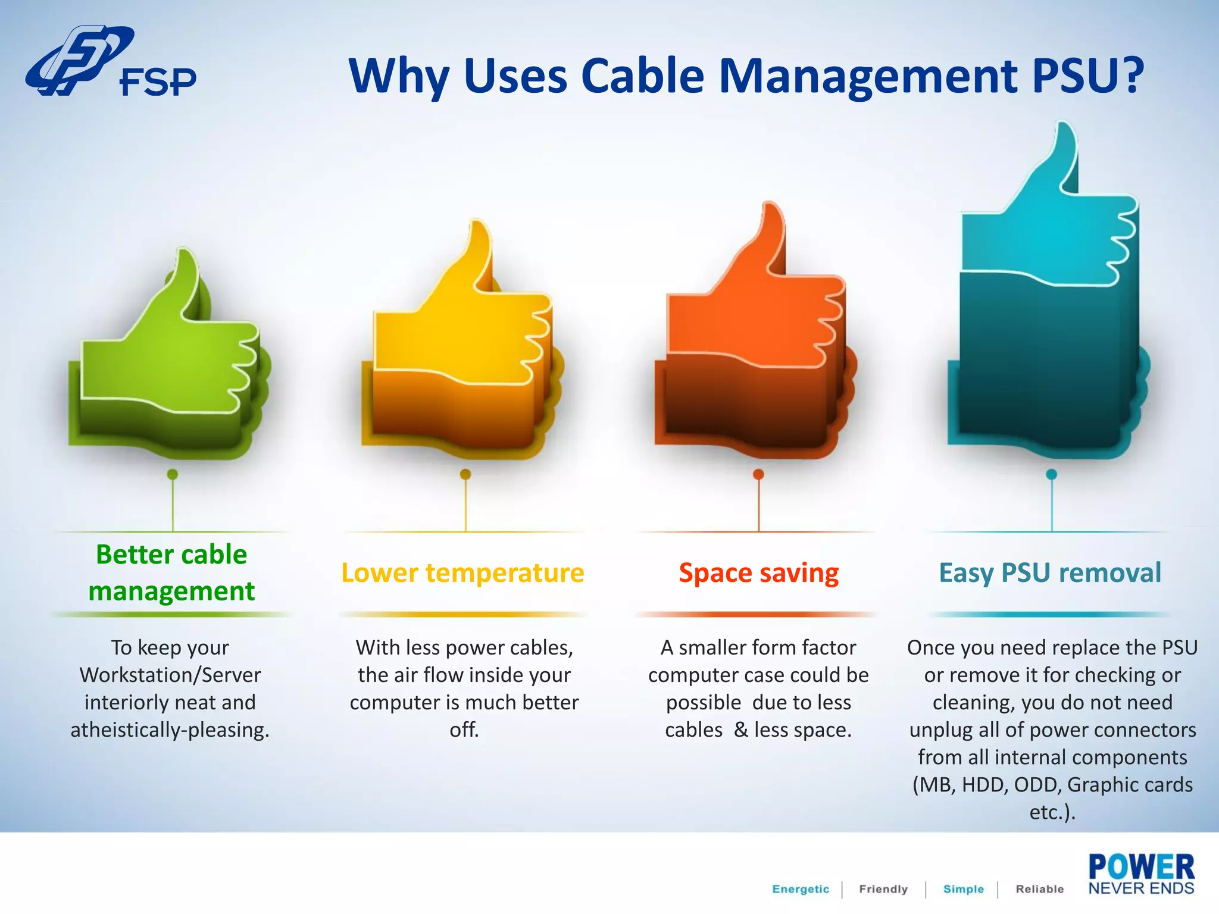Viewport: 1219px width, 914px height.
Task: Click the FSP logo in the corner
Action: [x=110, y=62]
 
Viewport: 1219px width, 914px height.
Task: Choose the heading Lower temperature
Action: [x=462, y=572]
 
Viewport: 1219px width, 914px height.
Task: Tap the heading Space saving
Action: [x=759, y=572]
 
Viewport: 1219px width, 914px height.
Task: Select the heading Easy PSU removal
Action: [x=1050, y=572]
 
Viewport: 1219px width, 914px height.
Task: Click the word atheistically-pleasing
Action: [x=170, y=730]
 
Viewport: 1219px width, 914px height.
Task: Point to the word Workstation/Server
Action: [x=170, y=675]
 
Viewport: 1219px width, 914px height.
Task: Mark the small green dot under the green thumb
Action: [x=173, y=474]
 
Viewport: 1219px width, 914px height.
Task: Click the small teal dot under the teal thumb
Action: [x=1052, y=474]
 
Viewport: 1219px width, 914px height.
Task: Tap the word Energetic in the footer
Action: [x=801, y=889]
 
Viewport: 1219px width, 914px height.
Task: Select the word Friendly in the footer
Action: [x=883, y=889]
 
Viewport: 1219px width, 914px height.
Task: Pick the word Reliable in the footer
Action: [x=1040, y=889]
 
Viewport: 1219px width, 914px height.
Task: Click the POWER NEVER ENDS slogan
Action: [x=1141, y=874]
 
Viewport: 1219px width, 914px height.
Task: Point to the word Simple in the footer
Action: [x=964, y=889]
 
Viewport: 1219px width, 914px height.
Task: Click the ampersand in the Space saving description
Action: [x=741, y=730]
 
